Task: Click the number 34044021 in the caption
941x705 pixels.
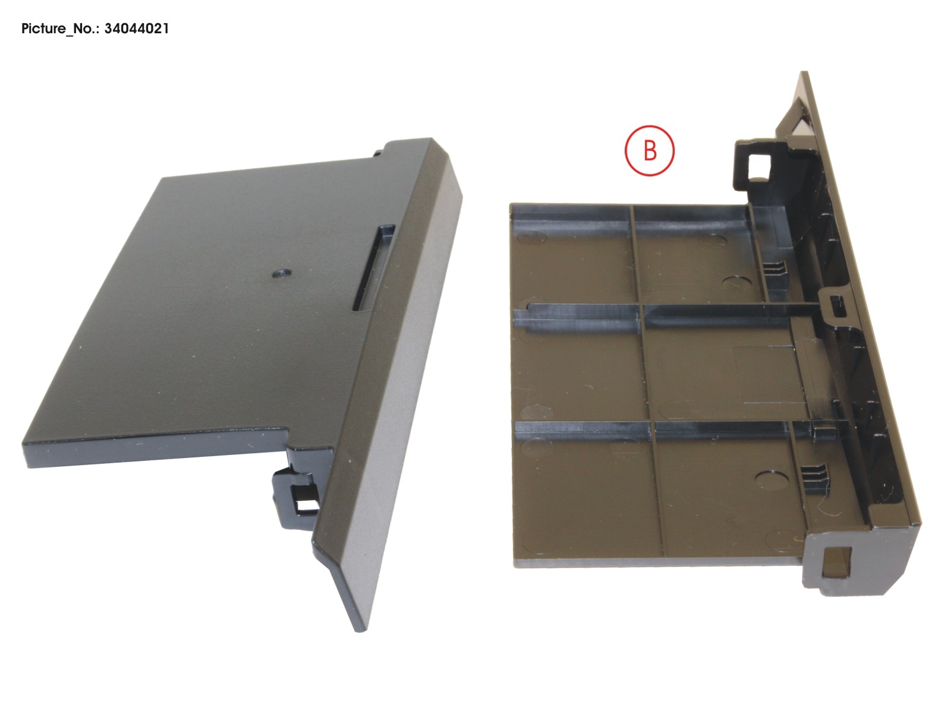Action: click(x=137, y=29)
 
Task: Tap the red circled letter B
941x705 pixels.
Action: click(x=650, y=151)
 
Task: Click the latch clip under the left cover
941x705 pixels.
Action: click(x=297, y=498)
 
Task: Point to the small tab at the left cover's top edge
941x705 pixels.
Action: click(x=377, y=152)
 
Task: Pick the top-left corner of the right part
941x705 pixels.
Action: click(x=510, y=204)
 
